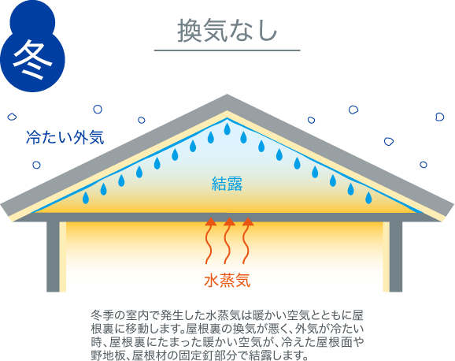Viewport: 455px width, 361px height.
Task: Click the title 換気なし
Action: point(227,31)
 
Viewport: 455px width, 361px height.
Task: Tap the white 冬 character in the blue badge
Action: point(32,60)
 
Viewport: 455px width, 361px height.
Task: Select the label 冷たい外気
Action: point(65,137)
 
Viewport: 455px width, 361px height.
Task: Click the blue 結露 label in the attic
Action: point(227,184)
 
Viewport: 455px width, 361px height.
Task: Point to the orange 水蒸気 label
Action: point(227,280)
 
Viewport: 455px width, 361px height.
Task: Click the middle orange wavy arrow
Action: point(228,240)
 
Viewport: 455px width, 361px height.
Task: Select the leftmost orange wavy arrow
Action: point(210,240)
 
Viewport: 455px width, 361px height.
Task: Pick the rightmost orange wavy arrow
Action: point(247,240)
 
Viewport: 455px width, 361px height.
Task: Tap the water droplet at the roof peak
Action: point(227,128)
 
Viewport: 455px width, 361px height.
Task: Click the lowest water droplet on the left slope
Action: point(86,198)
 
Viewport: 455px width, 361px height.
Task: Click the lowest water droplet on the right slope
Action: point(368,198)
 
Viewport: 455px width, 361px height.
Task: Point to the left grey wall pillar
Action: point(53,257)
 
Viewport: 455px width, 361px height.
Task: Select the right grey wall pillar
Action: point(396,257)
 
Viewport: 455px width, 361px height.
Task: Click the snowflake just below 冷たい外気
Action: point(36,165)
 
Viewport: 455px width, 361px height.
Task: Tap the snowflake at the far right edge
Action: point(439,117)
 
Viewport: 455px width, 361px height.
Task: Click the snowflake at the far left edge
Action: point(12,117)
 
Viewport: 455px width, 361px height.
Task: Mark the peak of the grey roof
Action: point(227,94)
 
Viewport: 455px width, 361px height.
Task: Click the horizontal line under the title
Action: point(227,50)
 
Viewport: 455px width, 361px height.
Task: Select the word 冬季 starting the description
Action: point(102,315)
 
